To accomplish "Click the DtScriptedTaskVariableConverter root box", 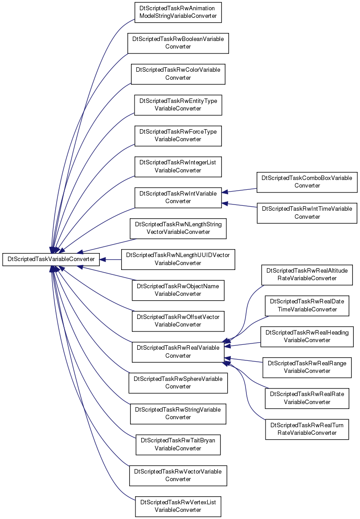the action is (51, 259).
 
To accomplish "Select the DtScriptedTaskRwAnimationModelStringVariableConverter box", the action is (178, 12).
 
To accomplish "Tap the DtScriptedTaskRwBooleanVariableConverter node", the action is (178, 43).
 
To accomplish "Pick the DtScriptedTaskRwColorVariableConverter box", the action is (178, 74).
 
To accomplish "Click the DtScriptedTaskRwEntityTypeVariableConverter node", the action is (178, 105).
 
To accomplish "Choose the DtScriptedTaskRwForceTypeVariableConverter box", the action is (178, 136).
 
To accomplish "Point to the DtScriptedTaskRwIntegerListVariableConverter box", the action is (178, 167).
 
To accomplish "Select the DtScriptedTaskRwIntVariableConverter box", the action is (178, 198).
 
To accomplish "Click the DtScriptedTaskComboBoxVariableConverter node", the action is (307, 182).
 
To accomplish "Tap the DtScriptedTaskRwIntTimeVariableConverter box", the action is (307, 213).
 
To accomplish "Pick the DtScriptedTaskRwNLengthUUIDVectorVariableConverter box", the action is (178, 259).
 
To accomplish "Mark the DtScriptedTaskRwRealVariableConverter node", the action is (178, 352).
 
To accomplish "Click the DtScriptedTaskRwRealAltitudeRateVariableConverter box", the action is (307, 275).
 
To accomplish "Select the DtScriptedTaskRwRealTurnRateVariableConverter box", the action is (307, 429).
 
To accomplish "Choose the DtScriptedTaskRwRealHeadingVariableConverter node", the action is (307, 337).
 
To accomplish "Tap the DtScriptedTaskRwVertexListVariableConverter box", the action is (178, 507).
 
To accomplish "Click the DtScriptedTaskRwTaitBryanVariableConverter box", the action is (178, 445).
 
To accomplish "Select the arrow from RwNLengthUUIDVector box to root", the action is (110, 259).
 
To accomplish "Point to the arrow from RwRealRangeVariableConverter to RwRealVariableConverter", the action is (244, 360).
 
